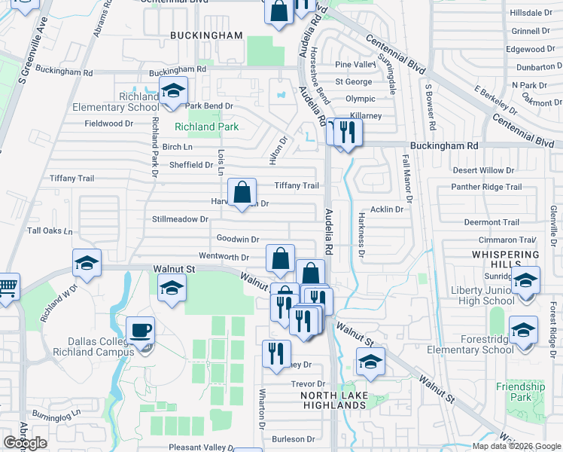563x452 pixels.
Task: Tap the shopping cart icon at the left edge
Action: click(x=6, y=286)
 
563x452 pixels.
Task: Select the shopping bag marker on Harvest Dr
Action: click(x=242, y=193)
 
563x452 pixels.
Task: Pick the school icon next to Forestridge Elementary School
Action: click(x=523, y=330)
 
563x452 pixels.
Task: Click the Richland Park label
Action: click(x=207, y=127)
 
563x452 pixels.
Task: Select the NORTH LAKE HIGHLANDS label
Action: click(x=333, y=400)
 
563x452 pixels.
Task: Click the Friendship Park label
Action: click(x=520, y=392)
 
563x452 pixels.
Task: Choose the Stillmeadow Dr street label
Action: click(x=180, y=219)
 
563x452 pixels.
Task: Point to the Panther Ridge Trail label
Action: click(x=485, y=187)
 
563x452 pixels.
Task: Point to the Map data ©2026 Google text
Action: click(x=516, y=446)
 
